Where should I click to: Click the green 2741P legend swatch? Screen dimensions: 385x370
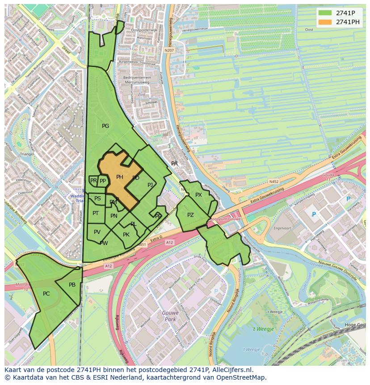tap(325, 13)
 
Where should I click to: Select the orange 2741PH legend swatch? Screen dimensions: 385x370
tap(325, 22)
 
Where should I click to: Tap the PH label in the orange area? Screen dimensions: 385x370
tap(120, 177)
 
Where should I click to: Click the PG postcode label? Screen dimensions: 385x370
tap(105, 126)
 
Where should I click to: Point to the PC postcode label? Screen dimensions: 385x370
tap(46, 294)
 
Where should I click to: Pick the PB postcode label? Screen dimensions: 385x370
tap(72, 285)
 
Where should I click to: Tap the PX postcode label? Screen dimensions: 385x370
tap(198, 195)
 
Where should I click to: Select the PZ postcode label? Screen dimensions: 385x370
tap(190, 215)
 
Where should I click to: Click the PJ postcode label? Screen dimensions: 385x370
tap(150, 185)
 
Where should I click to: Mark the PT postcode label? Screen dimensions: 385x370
tap(96, 213)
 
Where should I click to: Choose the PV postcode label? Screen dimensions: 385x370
tap(97, 232)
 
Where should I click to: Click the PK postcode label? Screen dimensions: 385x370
tap(126, 235)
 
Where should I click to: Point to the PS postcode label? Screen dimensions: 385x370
tap(97, 199)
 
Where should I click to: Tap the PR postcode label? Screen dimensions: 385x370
tap(93, 181)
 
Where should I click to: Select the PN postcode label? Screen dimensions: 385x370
tap(114, 216)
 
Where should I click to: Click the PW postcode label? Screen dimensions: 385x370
tap(104, 243)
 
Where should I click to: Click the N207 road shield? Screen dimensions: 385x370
tap(169, 51)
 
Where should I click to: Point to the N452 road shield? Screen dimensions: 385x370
tap(273, 182)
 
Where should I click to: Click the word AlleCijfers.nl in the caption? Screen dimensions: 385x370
tap(231, 370)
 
